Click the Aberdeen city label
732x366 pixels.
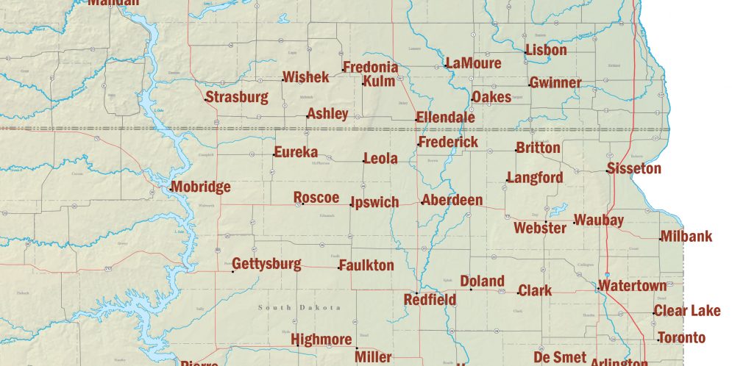[x=452, y=201]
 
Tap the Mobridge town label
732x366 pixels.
[x=201, y=187]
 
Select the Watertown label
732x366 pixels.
[x=633, y=285]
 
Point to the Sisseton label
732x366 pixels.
[x=635, y=169]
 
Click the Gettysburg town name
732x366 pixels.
[x=266, y=265]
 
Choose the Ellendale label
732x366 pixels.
[x=445, y=118]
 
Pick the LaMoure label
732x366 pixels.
[x=473, y=63]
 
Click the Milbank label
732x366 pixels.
[x=686, y=237]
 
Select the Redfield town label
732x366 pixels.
[x=430, y=300]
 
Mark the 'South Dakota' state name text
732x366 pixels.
[x=299, y=307]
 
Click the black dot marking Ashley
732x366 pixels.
[x=307, y=116]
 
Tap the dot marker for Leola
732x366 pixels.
[x=363, y=161]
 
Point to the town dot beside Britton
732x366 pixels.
[x=516, y=151]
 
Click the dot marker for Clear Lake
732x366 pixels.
[x=653, y=314]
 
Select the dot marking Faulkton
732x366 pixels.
[x=339, y=268]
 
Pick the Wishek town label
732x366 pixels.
[x=306, y=77]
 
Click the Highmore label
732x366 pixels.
[x=321, y=340]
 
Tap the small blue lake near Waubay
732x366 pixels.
[x=559, y=209]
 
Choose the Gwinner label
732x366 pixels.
[x=555, y=83]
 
